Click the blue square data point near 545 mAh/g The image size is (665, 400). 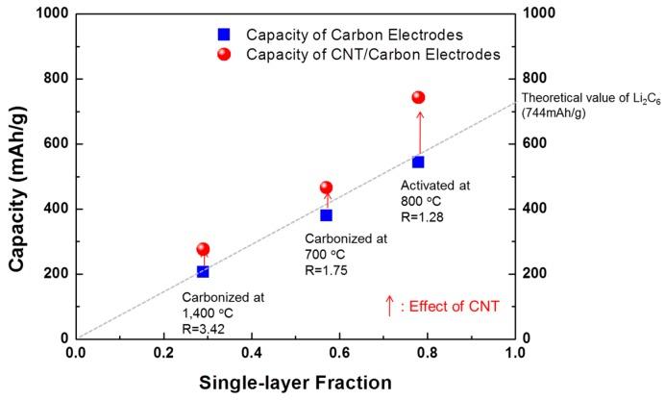pyautogui.click(x=418, y=162)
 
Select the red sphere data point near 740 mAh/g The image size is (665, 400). pyautogui.click(x=418, y=97)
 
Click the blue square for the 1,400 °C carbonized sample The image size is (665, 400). pyautogui.click(x=203, y=271)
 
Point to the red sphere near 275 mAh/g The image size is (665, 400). pyautogui.click(x=203, y=249)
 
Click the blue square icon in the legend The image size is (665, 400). pyautogui.click(x=224, y=34)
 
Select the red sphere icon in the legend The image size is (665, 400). pyautogui.click(x=224, y=55)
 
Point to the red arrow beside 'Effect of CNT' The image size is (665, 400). pyautogui.click(x=389, y=306)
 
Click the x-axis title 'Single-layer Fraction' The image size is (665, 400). pyautogui.click(x=295, y=382)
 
